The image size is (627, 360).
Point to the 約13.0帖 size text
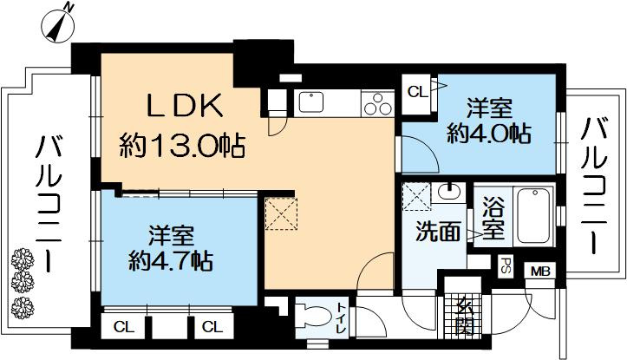[183, 143]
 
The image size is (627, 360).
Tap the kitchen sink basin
[310, 102]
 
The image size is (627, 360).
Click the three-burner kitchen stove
[376, 103]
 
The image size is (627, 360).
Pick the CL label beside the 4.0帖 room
[416, 89]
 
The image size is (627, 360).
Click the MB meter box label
[540, 271]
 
